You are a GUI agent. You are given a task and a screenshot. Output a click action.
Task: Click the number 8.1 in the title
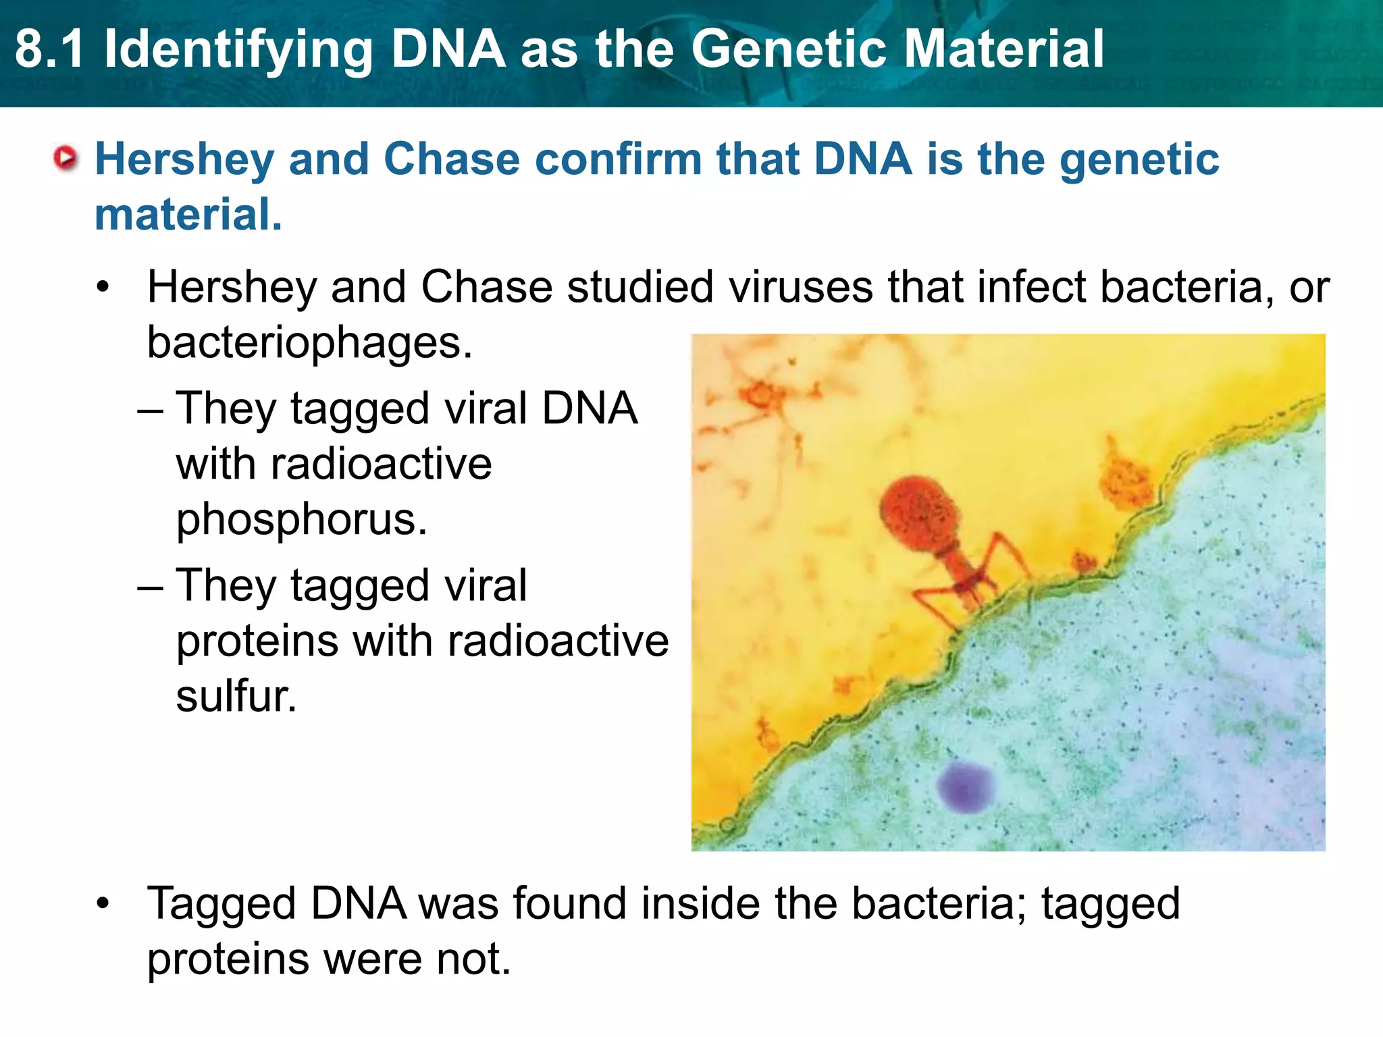coord(50,50)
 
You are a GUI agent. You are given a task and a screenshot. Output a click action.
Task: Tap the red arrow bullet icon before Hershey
coord(66,159)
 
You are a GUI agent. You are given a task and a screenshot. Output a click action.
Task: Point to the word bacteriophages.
coord(310,343)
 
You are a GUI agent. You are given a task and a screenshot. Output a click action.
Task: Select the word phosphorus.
coord(301,520)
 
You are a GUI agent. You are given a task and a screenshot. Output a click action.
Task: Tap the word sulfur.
coord(236,697)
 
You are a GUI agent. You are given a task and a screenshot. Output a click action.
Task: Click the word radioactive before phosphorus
coord(334,464)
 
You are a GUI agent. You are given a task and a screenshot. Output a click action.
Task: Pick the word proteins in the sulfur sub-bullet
coord(257,641)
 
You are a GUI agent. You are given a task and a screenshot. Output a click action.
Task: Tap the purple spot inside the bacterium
coord(966,787)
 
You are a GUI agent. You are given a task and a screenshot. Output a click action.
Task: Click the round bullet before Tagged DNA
coord(103,904)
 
